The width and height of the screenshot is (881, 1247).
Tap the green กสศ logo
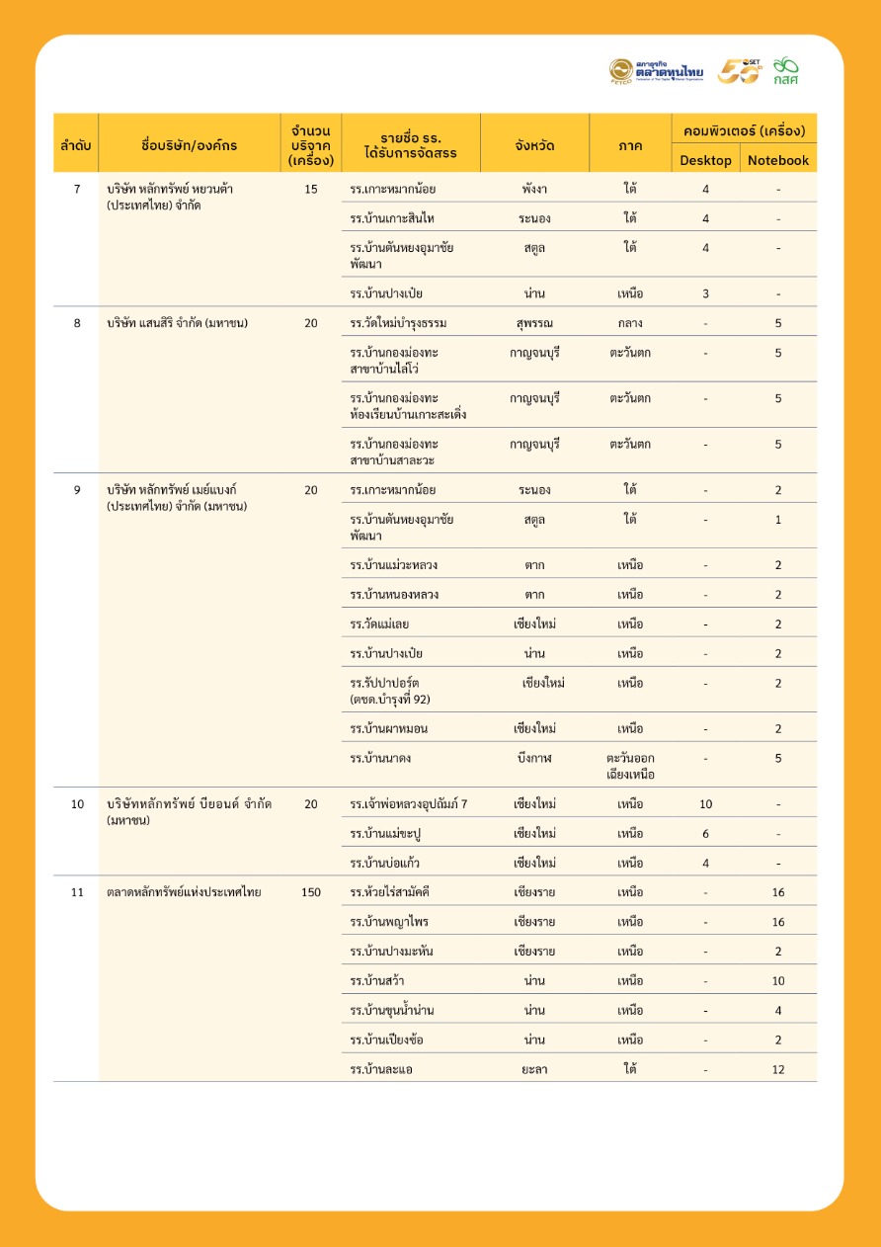coord(786,70)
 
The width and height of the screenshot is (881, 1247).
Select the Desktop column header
coord(705,160)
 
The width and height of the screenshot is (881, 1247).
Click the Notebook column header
coord(777,160)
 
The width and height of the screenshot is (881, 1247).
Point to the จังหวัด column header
coord(534,145)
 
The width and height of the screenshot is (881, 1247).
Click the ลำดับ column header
coord(76,145)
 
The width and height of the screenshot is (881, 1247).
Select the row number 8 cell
coord(77,323)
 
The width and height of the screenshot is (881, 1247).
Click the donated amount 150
coord(311,892)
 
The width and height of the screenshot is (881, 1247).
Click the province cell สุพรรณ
coord(534,323)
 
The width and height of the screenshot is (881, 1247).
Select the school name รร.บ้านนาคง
coord(381,758)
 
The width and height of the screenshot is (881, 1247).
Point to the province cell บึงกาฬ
coord(534,758)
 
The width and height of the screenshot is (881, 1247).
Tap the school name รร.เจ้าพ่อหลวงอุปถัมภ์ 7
coord(409,804)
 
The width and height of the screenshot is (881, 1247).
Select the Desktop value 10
coord(705,804)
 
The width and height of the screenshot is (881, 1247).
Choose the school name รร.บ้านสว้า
coord(377,981)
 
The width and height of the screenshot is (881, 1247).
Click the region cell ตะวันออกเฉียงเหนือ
coord(630,766)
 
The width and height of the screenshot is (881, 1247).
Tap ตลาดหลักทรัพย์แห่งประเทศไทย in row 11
coord(184,892)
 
